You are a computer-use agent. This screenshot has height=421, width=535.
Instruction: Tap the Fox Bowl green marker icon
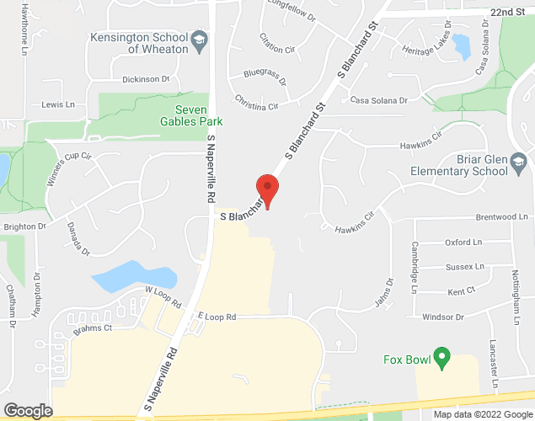click(x=440, y=360)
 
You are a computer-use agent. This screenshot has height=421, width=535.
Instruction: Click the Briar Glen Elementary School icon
click(x=519, y=163)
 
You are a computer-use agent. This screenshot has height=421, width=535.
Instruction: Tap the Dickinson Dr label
click(x=146, y=79)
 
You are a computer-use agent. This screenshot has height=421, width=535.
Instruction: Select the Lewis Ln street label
click(x=58, y=104)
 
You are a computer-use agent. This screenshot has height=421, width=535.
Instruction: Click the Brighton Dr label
click(x=23, y=226)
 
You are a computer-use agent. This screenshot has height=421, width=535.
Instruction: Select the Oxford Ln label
click(x=463, y=242)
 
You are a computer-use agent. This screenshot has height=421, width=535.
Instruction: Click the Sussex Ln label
click(x=465, y=267)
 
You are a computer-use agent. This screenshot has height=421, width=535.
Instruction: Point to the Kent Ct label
click(x=462, y=291)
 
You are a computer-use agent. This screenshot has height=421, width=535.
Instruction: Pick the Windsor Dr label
click(x=443, y=317)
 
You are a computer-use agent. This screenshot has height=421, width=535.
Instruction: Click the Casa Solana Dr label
click(x=379, y=100)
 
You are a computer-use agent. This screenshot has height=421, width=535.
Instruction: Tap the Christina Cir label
click(x=257, y=107)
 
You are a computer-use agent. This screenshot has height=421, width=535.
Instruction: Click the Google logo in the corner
click(x=27, y=410)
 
